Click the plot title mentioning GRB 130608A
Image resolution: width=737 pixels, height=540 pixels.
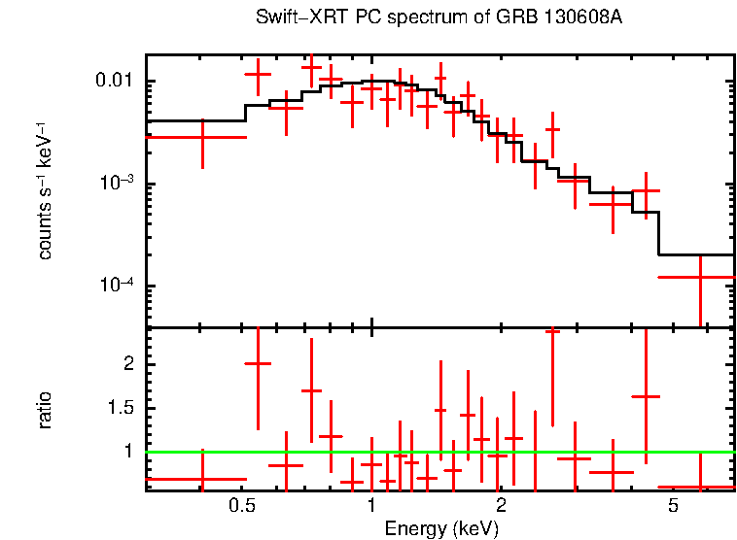[x=439, y=18]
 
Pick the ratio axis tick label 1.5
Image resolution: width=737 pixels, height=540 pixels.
[x=123, y=407]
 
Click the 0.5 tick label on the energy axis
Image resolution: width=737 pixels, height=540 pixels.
[x=242, y=507]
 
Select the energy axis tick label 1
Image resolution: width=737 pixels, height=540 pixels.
[x=371, y=507]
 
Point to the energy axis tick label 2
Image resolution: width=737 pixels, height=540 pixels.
[x=501, y=507]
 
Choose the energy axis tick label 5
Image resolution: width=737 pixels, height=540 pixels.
[x=671, y=507]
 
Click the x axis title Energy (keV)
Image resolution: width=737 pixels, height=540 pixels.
[x=440, y=528]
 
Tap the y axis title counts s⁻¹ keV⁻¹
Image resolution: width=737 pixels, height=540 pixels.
[x=46, y=190]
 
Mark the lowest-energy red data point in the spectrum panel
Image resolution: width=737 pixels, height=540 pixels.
[x=202, y=137]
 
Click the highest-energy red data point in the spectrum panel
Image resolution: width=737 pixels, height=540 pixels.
[x=700, y=277]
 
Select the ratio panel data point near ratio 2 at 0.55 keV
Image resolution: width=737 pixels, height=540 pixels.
[x=258, y=363]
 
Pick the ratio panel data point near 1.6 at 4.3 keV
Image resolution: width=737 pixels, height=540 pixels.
[x=646, y=396]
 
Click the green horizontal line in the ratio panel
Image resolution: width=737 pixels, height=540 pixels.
[x=438, y=452]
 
